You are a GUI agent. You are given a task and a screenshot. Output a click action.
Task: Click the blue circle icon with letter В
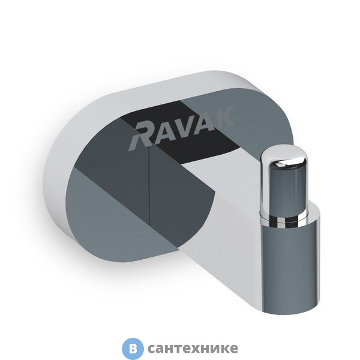[x=133, y=348]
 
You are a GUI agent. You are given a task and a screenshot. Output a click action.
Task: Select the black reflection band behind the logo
[x=198, y=144]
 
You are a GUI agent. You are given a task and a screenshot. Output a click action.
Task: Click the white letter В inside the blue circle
[x=133, y=348]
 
